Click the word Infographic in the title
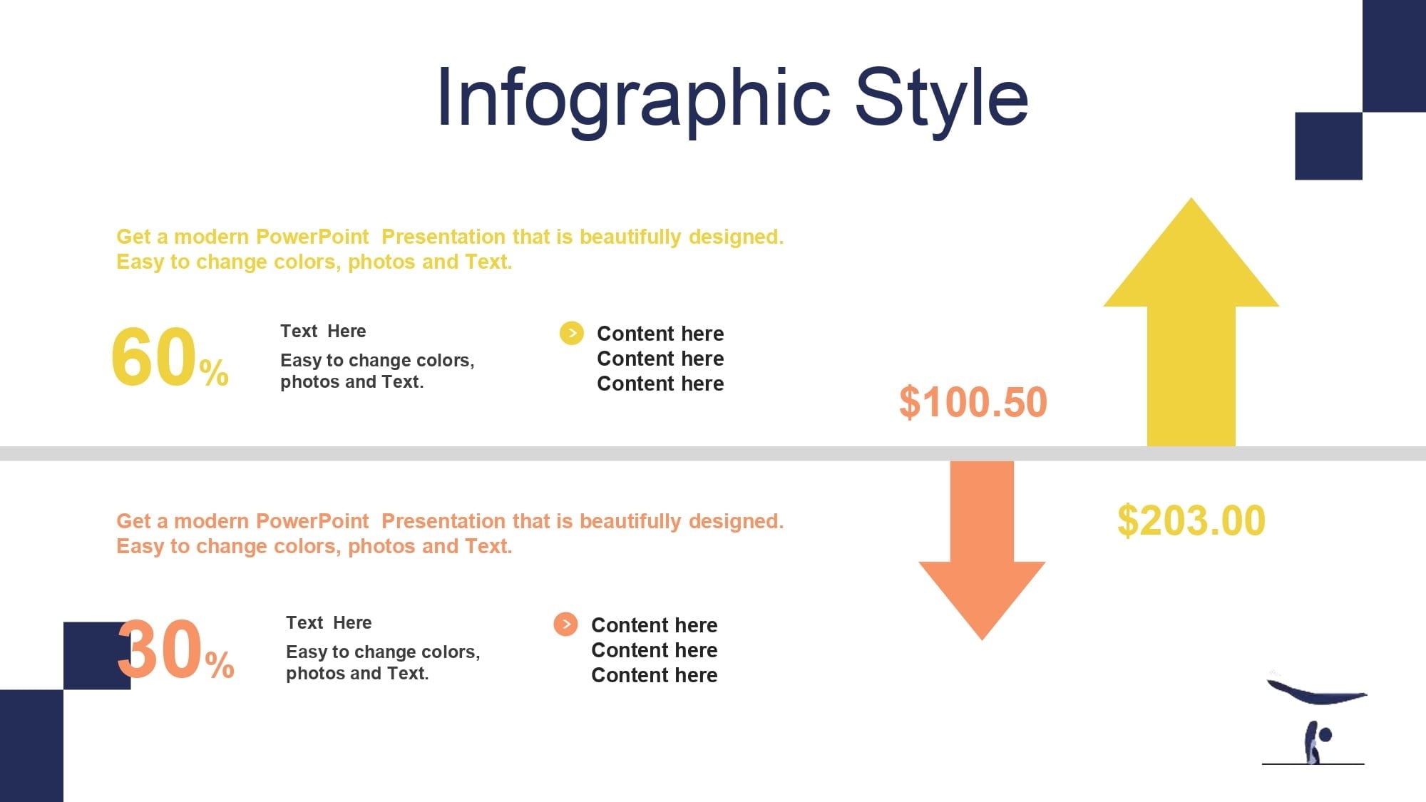(634, 99)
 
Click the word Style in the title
(941, 99)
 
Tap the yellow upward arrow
(1191, 322)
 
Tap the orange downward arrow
(982, 550)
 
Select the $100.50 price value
(973, 402)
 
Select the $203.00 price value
(1191, 520)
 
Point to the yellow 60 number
(154, 356)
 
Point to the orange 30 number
(160, 649)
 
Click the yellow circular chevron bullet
(571, 333)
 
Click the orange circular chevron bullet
(565, 624)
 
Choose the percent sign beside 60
(214, 372)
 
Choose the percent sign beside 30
(220, 664)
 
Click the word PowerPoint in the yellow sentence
(312, 237)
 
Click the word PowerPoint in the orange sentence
(312, 521)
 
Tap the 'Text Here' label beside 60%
(323, 331)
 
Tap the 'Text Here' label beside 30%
(329, 623)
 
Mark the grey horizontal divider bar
(713, 454)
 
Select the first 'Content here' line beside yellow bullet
(660, 334)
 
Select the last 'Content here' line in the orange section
(655, 675)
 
